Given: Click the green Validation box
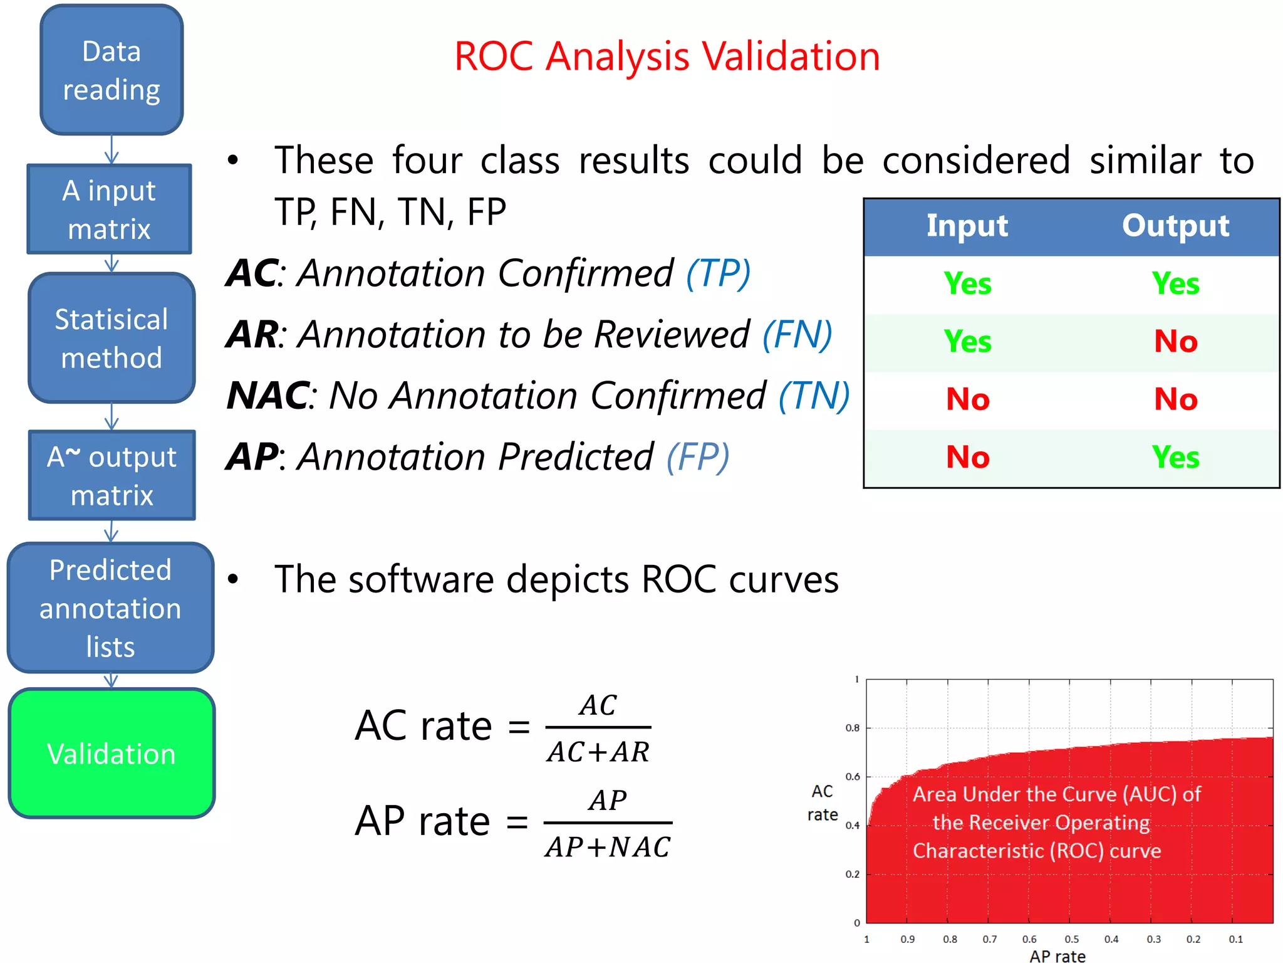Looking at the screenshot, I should point(112,753).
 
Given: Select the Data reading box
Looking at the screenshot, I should point(112,70).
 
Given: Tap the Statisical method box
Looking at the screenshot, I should point(112,338).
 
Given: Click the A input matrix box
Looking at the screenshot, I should point(109,209).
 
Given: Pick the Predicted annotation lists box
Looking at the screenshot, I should point(110,608).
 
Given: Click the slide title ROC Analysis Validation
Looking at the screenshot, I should point(667,56).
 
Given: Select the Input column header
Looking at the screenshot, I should point(967,226).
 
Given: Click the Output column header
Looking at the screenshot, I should point(1175,226).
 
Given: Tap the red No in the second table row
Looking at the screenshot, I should point(1175,342).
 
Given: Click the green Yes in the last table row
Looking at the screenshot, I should point(1175,457).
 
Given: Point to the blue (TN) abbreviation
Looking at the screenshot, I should point(814,396).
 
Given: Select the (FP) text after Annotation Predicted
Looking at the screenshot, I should point(698,456).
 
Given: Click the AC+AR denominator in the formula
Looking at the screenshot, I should point(598,752).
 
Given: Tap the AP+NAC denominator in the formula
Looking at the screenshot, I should point(608,847).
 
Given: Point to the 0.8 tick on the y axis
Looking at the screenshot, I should point(853,728).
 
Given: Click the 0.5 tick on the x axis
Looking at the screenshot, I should point(1072,939).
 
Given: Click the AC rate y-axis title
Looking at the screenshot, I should point(822,803).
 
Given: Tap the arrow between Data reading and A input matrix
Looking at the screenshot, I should point(112,149).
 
